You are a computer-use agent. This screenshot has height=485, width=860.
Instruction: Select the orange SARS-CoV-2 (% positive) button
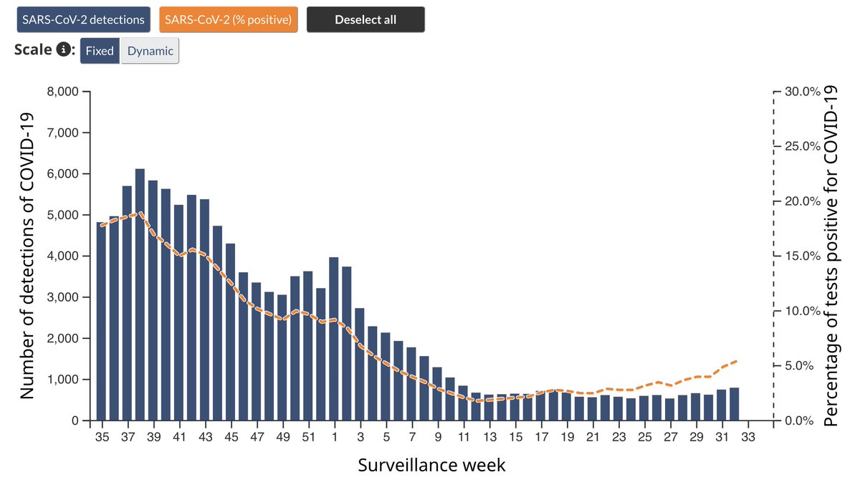click(227, 20)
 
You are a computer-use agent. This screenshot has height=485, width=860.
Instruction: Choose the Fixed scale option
click(100, 51)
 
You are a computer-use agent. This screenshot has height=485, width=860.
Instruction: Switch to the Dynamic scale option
click(150, 51)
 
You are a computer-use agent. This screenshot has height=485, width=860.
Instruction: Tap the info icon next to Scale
click(64, 50)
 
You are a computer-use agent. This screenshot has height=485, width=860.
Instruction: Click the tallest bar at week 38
click(140, 294)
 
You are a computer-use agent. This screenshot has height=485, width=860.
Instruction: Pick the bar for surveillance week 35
click(101, 322)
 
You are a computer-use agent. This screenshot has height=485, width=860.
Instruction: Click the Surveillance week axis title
click(431, 465)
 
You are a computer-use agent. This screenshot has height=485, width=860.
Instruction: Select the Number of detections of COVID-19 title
click(27, 256)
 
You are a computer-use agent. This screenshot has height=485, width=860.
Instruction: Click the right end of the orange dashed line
click(737, 361)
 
